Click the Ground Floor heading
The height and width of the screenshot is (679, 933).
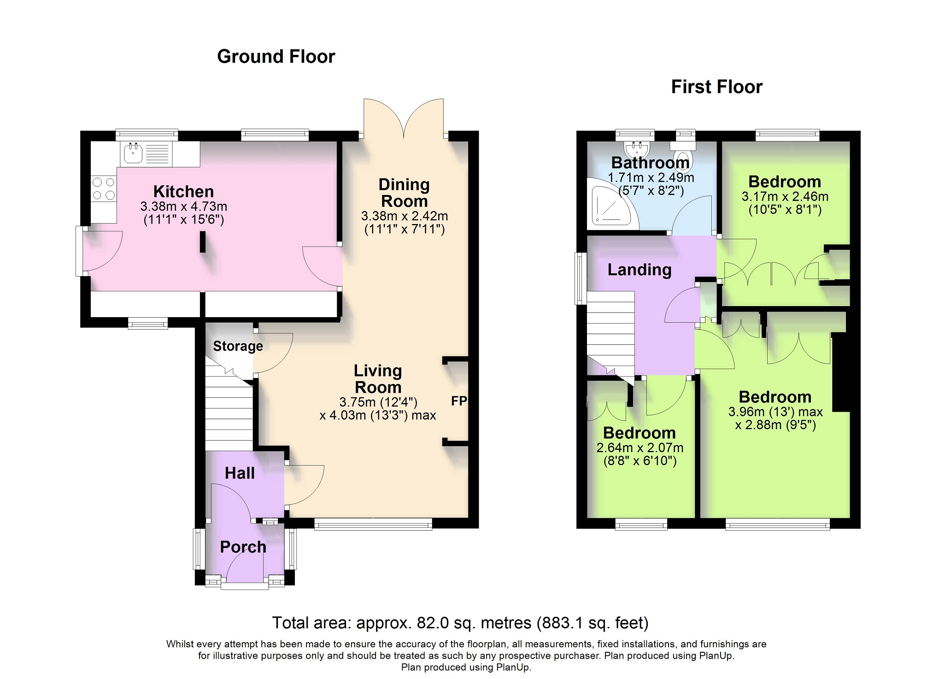[x=276, y=57]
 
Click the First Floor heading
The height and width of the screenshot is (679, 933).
[x=716, y=87]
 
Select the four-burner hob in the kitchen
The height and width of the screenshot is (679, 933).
[x=104, y=189]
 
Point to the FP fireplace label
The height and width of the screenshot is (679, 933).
[x=459, y=401]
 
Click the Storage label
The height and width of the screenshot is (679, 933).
[x=238, y=346]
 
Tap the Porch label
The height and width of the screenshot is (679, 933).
[x=243, y=547]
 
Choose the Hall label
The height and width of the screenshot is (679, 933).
[x=240, y=473]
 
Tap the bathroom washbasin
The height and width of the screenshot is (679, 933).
[x=637, y=148]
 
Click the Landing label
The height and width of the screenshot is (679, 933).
[x=640, y=270]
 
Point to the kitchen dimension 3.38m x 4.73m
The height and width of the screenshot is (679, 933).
[x=184, y=207]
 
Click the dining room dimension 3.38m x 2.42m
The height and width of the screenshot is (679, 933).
[x=405, y=216]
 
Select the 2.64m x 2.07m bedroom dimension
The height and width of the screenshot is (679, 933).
[x=640, y=448]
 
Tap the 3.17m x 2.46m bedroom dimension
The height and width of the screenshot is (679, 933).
[x=785, y=196]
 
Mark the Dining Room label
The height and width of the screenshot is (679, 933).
[x=405, y=193]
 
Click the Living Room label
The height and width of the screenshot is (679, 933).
[x=378, y=379]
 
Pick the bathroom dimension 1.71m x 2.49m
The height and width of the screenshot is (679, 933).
[x=651, y=177]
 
